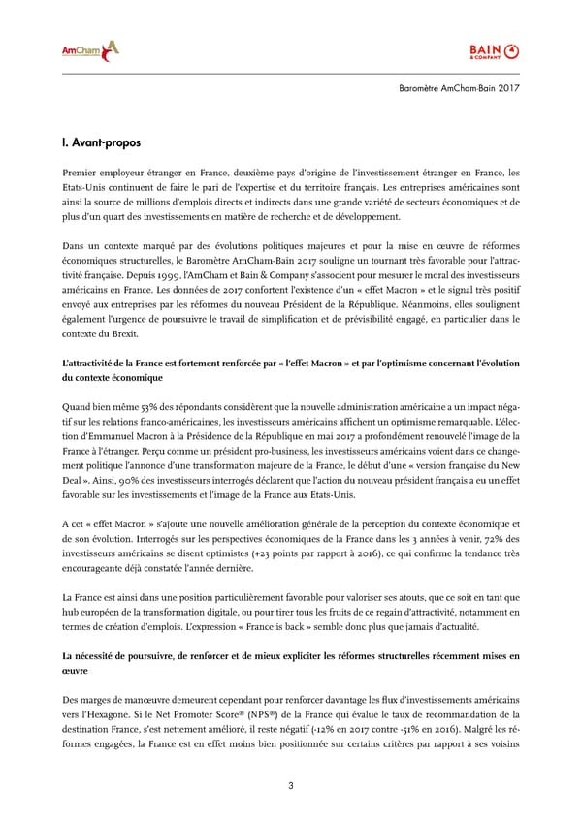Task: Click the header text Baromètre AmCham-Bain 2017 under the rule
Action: coord(460,89)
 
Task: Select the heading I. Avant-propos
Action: coord(100,143)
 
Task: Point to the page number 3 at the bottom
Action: coord(291,785)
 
